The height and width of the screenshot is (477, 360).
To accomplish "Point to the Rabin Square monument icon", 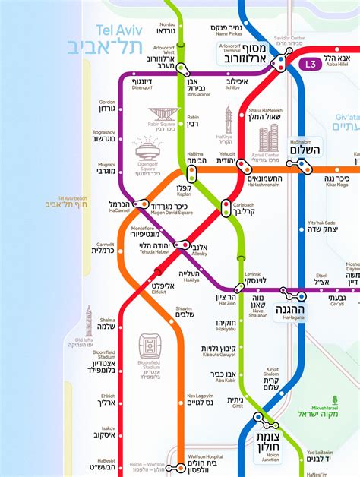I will pos(163,115).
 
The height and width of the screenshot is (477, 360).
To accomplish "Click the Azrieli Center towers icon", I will pos(270,138).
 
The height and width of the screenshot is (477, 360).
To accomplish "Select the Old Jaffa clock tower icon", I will pos(88,321).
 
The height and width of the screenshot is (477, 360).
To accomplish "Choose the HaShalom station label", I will pos(306,146).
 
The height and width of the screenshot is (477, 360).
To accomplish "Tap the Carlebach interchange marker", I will pos(226,207).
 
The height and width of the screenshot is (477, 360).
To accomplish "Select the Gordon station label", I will pos(107,106).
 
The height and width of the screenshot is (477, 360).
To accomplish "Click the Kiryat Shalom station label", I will pos(271,379).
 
